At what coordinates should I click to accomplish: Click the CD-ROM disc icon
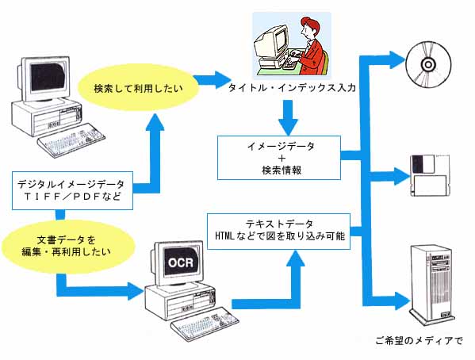(428, 64)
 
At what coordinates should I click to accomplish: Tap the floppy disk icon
(430, 175)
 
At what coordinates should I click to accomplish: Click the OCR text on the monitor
(181, 262)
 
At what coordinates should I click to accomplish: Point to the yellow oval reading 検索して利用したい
(138, 88)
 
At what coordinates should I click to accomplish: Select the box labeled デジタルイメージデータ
(72, 190)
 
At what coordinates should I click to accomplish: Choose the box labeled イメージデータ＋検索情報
(279, 158)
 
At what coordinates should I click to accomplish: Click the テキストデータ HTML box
(278, 231)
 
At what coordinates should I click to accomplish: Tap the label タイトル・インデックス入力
(292, 88)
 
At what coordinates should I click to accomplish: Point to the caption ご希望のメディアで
(419, 341)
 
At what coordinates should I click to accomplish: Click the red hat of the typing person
(310, 24)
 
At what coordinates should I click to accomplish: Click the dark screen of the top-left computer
(48, 77)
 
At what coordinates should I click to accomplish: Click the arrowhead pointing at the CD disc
(397, 59)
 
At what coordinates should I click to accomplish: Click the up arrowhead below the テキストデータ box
(294, 259)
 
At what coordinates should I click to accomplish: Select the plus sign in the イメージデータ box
(282, 158)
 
